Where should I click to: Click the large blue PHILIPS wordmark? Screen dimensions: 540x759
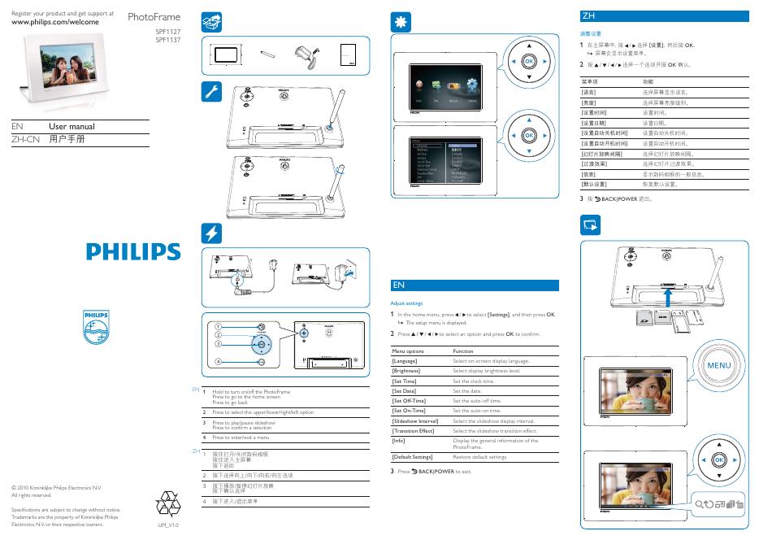click(x=134, y=250)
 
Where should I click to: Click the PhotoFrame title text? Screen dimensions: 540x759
click(x=154, y=16)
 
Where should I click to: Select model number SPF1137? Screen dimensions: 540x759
click(x=167, y=39)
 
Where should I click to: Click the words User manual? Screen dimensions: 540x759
click(x=72, y=126)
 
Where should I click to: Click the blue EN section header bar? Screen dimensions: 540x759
click(x=475, y=285)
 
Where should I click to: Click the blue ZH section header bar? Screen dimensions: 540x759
click(x=658, y=15)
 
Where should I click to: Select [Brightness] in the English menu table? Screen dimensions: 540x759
click(x=408, y=370)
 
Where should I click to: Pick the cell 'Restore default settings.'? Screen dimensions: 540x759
click(x=479, y=457)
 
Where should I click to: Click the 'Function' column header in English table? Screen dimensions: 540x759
click(x=462, y=351)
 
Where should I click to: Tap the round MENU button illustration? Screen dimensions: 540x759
click(x=719, y=367)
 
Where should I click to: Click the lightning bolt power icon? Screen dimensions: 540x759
click(x=210, y=233)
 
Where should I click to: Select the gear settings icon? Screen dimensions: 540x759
click(x=401, y=22)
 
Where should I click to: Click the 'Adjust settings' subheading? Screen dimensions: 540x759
click(x=407, y=302)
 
